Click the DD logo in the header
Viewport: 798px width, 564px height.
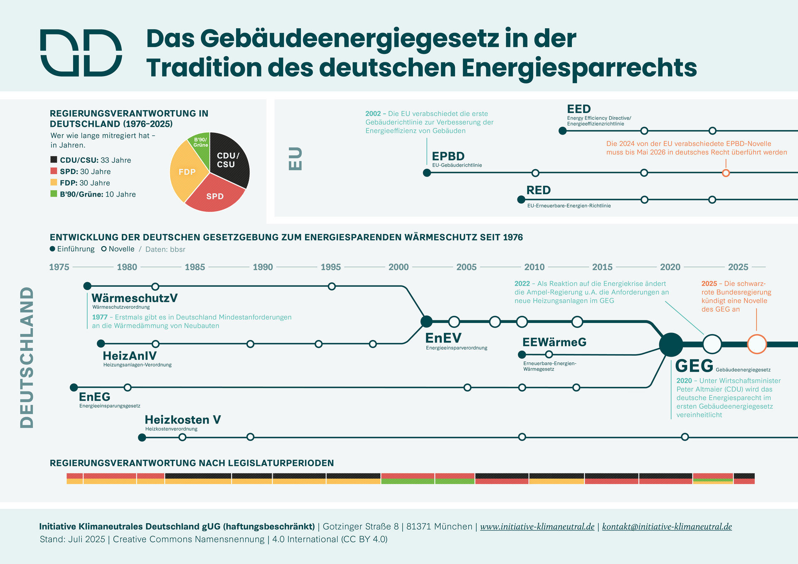coord(81,53)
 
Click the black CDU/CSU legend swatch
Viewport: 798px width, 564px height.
coord(54,160)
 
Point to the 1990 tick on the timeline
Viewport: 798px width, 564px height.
coord(263,267)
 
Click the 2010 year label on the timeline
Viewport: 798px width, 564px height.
coord(534,267)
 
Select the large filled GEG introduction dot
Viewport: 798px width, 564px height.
coord(671,345)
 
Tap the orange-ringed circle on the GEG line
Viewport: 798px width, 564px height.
coord(757,344)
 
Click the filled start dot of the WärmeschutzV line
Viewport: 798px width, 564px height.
coord(87,286)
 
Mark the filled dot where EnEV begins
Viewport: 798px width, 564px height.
coord(426,321)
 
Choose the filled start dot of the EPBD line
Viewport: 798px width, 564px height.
coord(427,173)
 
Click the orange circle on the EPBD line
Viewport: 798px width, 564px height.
coord(726,173)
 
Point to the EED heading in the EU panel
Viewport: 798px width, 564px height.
coord(579,109)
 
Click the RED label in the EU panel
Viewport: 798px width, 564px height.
coord(538,190)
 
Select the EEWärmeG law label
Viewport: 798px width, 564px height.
coord(554,342)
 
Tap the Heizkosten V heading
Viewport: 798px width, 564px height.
coord(182,420)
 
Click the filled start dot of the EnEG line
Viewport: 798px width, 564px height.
coord(74,387)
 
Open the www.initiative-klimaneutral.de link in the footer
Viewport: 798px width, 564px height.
coord(537,527)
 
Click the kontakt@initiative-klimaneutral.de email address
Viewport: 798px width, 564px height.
coord(667,527)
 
